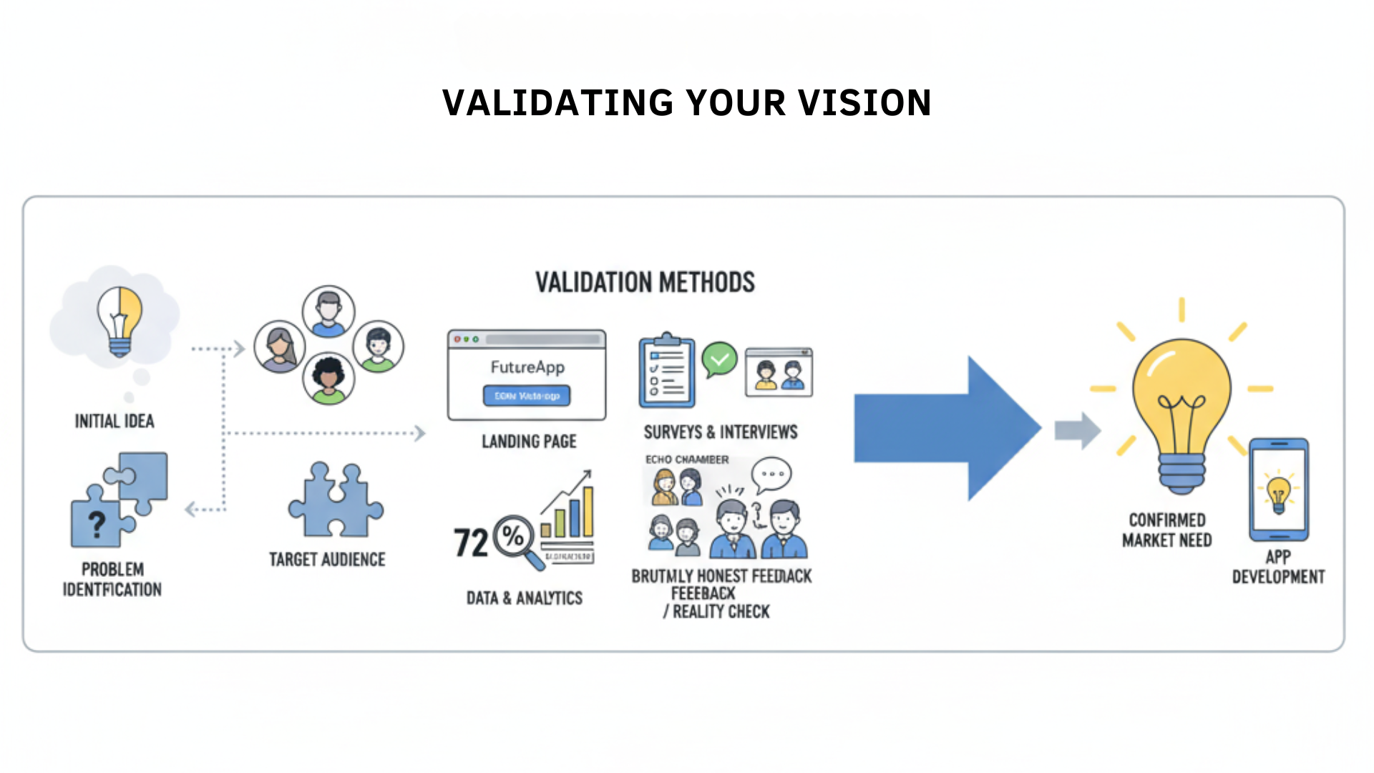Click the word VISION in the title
click(864, 103)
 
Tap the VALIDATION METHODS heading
click(645, 283)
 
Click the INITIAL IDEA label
click(114, 421)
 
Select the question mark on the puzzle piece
click(97, 524)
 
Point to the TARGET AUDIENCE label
click(327, 560)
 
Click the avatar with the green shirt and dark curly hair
click(328, 379)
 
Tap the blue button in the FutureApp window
click(527, 396)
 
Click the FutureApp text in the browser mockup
click(527, 367)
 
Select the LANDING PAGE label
click(529, 442)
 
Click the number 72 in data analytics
click(471, 543)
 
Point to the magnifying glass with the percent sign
click(515, 538)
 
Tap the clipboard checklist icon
click(666, 371)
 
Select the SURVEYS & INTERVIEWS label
click(720, 432)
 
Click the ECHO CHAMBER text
click(687, 460)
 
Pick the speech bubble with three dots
click(772, 474)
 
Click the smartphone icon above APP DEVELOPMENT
click(1279, 490)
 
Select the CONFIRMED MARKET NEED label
click(1166, 530)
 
